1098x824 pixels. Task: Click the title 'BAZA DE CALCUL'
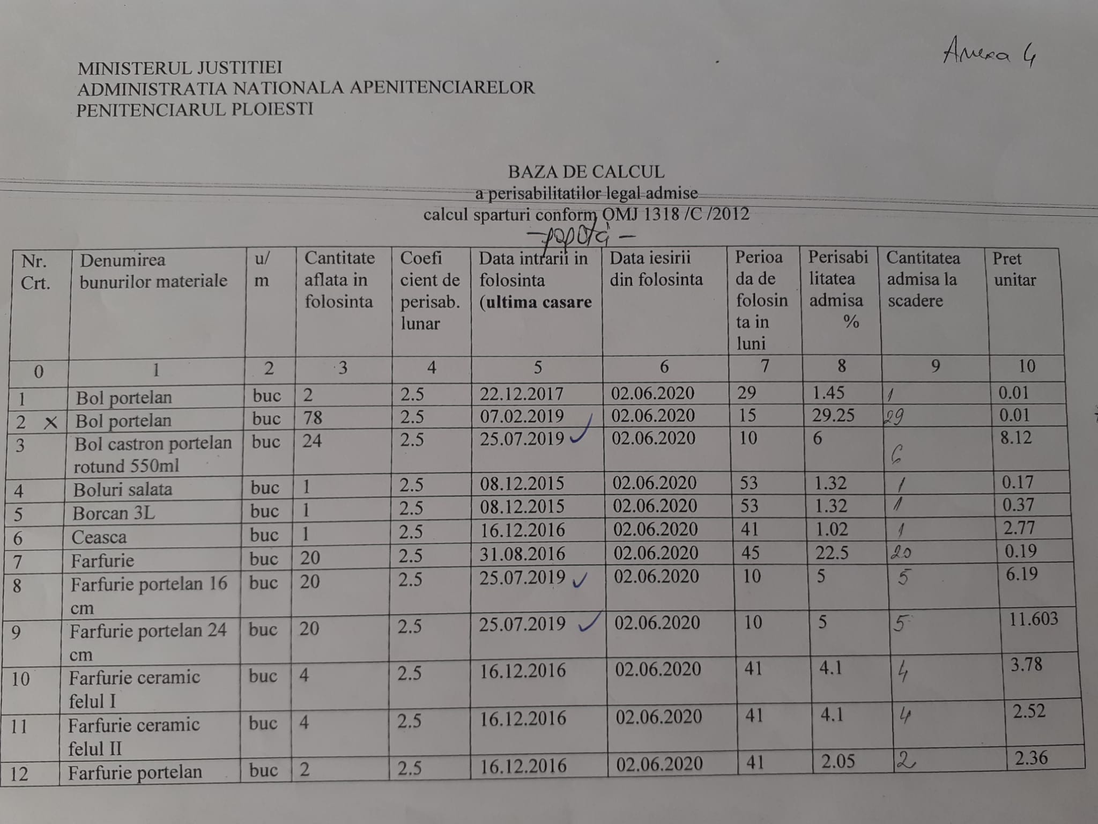(586, 172)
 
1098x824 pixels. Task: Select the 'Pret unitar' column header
(1014, 269)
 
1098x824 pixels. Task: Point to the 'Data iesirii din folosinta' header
(656, 269)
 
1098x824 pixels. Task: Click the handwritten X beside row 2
(50, 423)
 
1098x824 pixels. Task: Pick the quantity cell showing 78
(313, 417)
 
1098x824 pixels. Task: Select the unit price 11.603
(1033, 619)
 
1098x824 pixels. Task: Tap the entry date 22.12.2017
(521, 394)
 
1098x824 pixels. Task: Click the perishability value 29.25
(833, 416)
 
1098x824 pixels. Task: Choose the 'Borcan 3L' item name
(114, 513)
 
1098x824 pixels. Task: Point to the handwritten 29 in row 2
(893, 417)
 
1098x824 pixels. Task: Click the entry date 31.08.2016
(522, 554)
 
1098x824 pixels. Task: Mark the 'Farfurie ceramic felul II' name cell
(133, 736)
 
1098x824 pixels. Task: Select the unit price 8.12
(1015, 438)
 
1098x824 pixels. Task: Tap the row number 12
(19, 774)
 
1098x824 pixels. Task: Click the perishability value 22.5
(832, 553)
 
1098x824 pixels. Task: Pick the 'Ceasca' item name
(99, 537)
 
